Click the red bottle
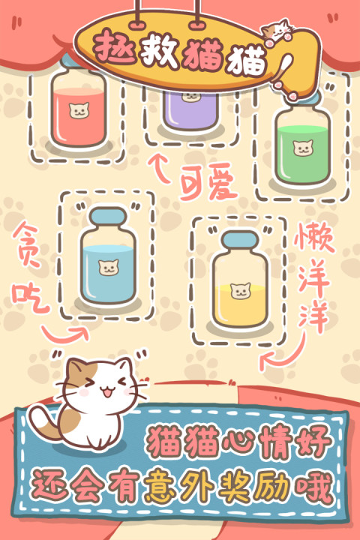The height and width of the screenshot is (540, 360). (x=78, y=109)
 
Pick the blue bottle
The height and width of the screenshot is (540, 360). (x=109, y=259)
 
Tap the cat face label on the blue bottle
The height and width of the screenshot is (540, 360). (x=109, y=265)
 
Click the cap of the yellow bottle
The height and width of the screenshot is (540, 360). (x=239, y=240)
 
